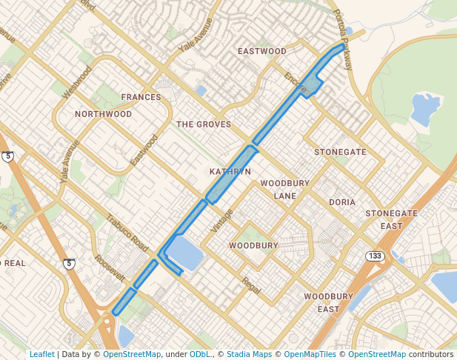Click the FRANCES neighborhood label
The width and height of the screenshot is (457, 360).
coord(141,97)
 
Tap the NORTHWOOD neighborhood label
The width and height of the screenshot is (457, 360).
coord(103,114)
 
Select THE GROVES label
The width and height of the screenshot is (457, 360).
coord(204,124)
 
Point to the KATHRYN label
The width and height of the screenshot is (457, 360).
coord(230,171)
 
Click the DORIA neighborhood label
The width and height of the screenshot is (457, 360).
coord(342,201)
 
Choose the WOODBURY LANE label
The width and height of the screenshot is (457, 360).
coord(278,189)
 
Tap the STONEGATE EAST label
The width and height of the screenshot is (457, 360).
coord(391,219)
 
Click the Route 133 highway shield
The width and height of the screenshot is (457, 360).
coord(373,256)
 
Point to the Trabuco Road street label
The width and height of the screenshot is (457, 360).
coord(127,231)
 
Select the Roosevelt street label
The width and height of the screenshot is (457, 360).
coord(110,268)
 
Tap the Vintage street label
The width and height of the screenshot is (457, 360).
coord(221,221)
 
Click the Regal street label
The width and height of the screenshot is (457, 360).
coord(251,285)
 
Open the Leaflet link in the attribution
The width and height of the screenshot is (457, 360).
coord(41,354)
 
